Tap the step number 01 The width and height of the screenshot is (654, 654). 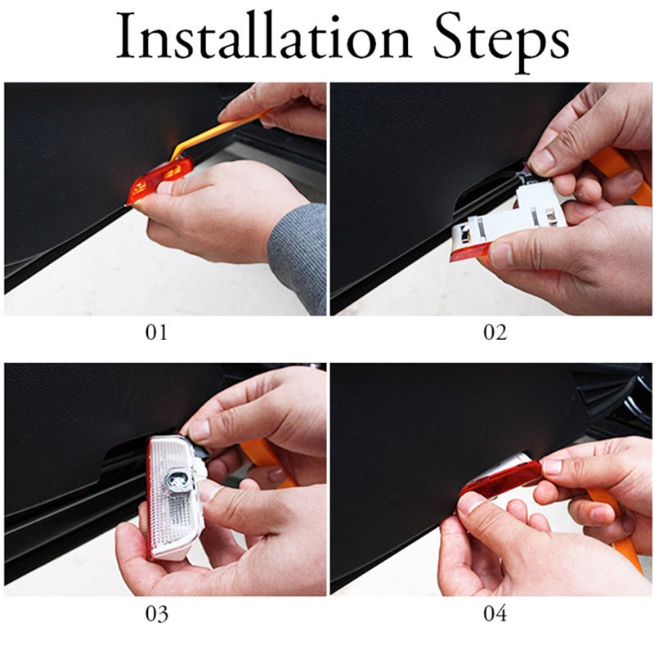[156, 333]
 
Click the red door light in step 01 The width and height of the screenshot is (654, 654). [159, 181]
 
